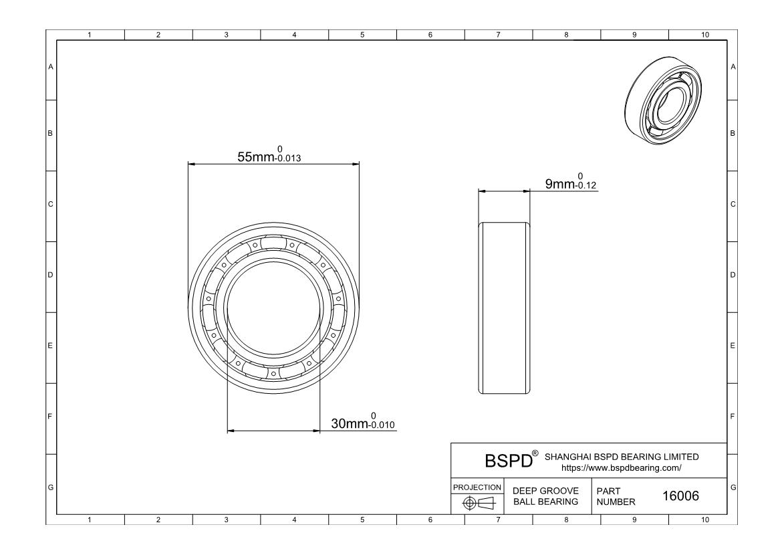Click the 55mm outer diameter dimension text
255,157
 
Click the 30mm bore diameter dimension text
350,424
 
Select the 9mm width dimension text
560,184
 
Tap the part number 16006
680,495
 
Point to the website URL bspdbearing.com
621,468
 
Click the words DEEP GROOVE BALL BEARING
545,496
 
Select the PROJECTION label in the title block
477,487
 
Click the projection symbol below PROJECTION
479,503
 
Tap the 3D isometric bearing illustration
663,100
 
